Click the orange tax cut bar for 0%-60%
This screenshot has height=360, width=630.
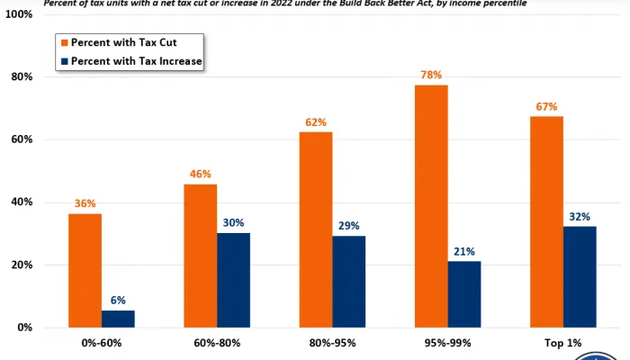[84, 270]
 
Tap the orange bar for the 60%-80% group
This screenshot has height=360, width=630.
[200, 256]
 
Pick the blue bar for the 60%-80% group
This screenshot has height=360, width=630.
[233, 280]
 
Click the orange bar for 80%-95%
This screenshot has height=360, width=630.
[315, 229]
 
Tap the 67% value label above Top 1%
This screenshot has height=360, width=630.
[547, 103]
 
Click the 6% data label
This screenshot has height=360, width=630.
[118, 301]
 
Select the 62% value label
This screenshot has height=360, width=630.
[315, 121]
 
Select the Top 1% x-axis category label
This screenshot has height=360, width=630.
[564, 343]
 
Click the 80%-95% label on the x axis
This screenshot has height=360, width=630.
[333, 343]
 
